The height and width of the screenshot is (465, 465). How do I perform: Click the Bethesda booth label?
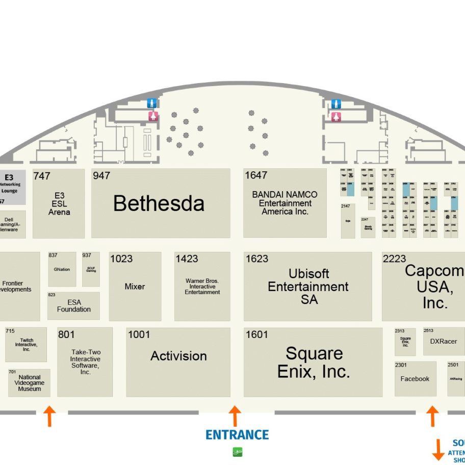click(x=159, y=203)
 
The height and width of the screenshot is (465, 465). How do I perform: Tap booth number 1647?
click(x=256, y=175)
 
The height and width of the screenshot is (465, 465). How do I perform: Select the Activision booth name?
click(x=178, y=356)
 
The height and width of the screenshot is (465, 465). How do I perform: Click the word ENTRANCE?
click(x=237, y=435)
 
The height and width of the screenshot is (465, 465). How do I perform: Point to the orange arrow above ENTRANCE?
click(x=235, y=416)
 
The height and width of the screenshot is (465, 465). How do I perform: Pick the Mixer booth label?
click(x=135, y=287)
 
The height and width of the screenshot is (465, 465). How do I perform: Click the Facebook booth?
click(x=415, y=379)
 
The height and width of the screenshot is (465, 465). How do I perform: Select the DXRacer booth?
click(x=443, y=341)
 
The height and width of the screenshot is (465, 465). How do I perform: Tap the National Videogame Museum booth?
click(x=29, y=383)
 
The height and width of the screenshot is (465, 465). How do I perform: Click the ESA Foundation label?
click(x=74, y=306)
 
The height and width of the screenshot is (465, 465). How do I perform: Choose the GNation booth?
click(x=62, y=269)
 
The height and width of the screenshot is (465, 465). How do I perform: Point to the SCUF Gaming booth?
click(x=91, y=269)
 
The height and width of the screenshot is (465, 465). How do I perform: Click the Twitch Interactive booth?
click(x=27, y=345)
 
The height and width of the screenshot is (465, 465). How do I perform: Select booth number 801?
click(x=66, y=335)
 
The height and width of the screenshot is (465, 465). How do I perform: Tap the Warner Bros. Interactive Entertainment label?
click(x=202, y=287)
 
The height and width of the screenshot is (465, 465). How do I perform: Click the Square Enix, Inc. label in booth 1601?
click(x=313, y=362)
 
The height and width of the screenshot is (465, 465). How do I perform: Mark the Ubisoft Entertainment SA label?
click(x=308, y=287)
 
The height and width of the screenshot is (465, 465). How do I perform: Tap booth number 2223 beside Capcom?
click(x=394, y=259)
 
